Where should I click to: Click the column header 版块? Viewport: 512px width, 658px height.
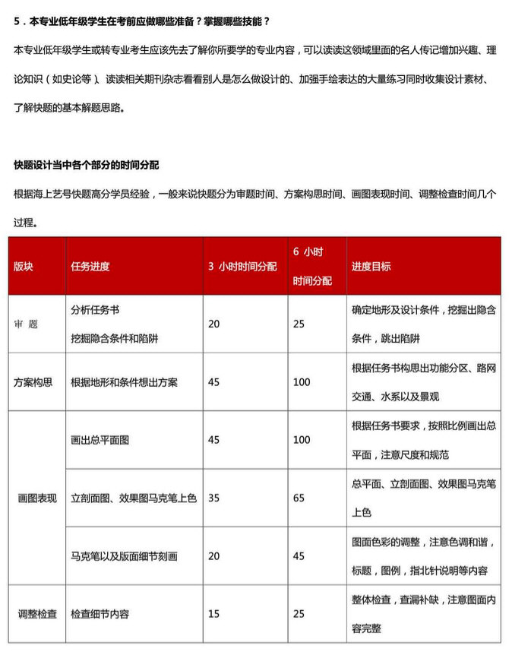24,267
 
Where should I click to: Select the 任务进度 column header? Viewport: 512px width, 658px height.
90,267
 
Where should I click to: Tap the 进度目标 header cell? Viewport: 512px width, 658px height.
371,267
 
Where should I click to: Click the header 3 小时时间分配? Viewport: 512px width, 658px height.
243,267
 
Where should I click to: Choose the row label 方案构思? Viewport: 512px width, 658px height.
33,382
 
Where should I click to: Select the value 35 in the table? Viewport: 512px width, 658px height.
214,498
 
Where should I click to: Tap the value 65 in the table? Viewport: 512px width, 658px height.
299,498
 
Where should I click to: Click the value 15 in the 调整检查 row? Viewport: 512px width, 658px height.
214,614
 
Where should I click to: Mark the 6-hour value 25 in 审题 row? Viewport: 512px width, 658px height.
299,324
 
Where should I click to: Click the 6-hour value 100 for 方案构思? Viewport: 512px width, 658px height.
302,382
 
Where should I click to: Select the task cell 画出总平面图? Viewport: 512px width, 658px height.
100,440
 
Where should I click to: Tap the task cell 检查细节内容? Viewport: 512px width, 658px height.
100,614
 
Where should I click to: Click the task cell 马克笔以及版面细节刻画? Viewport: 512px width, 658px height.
124,556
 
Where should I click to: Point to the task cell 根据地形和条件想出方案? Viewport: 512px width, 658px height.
124,382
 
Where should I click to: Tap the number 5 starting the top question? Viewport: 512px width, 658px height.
17,22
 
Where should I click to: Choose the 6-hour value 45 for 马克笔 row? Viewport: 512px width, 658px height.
299,556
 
